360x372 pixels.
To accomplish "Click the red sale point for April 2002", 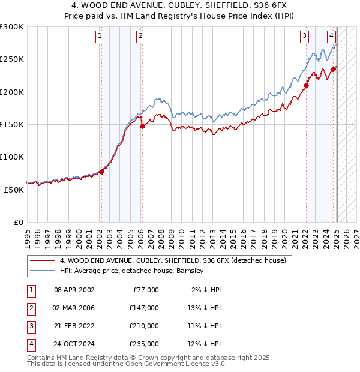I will click(101, 172).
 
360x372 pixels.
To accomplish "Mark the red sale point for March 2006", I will click(142, 126).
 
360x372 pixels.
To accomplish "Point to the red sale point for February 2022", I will click(306, 85).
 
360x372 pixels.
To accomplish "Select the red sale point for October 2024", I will click(333, 69).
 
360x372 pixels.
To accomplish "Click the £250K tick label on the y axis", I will click(11, 59).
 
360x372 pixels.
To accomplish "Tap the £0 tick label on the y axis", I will click(18, 222).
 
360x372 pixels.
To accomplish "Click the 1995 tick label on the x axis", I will click(28, 238).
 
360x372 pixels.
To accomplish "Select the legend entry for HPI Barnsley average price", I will click(132, 271).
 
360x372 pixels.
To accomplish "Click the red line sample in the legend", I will click(42, 260).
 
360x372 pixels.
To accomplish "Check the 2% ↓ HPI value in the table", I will click(207, 289).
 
